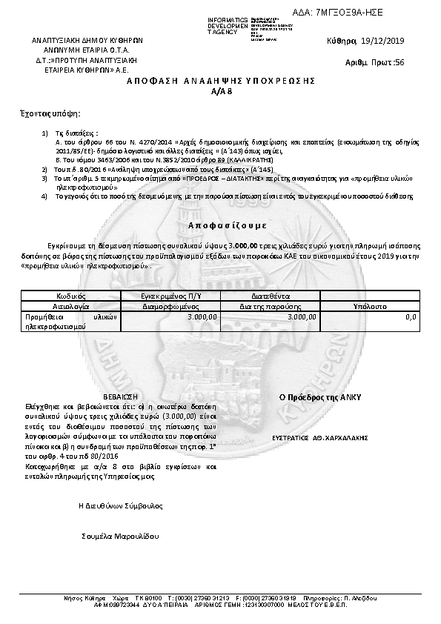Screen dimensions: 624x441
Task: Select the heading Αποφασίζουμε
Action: click(221, 224)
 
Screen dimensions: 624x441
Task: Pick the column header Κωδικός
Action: click(70, 296)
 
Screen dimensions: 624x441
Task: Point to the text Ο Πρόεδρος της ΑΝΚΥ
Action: click(319, 397)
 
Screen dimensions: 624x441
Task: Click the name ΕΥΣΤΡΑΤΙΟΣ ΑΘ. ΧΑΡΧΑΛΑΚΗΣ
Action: click(319, 438)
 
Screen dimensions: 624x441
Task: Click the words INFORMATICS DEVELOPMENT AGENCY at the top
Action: click(228, 25)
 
